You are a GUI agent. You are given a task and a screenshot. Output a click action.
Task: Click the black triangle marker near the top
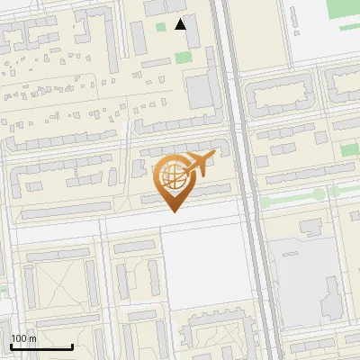(x=181, y=24)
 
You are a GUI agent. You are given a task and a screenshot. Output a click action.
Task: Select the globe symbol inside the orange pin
(x=173, y=175)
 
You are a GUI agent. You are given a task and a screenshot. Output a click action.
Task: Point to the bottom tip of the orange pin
(x=173, y=212)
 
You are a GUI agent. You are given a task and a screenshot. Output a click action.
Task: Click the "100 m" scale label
(x=22, y=337)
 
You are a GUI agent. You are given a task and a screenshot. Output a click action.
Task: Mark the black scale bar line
(x=41, y=346)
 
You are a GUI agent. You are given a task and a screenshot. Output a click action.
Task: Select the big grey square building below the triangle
(x=201, y=90)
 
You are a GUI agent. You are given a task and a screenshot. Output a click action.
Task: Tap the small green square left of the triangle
(x=161, y=27)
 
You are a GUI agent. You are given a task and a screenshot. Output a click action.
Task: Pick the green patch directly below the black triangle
(x=184, y=58)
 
